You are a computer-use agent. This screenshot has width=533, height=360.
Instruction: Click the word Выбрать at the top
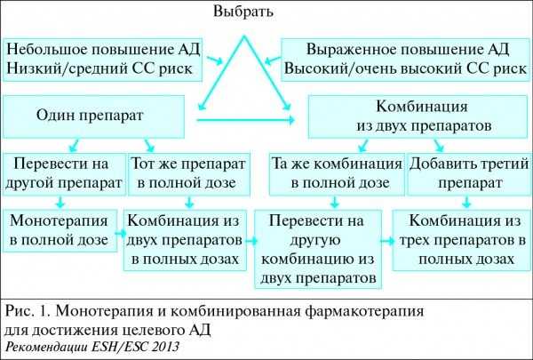(243, 12)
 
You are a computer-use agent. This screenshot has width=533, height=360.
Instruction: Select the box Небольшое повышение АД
(103, 60)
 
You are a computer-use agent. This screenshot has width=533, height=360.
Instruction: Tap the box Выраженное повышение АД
(406, 60)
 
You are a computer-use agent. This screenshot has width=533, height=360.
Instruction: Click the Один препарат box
(94, 116)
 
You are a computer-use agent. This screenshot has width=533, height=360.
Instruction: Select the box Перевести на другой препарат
(65, 174)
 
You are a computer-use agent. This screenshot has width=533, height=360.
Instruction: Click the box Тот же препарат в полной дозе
(189, 174)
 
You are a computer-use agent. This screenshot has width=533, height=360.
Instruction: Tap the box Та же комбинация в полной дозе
(337, 174)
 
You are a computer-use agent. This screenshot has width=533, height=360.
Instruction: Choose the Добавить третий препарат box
(469, 174)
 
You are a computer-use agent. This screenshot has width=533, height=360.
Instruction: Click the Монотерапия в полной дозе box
(60, 231)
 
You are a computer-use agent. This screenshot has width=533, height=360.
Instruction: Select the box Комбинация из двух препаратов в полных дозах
(185, 240)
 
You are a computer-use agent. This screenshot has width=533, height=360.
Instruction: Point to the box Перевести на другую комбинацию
(318, 250)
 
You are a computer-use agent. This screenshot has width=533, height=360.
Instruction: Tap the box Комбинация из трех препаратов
(462, 240)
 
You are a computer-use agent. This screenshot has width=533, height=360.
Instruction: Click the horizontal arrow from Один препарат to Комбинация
(246, 120)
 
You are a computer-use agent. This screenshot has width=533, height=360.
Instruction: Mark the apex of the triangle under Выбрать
(243, 36)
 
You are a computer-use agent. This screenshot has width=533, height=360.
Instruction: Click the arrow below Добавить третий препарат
(466, 202)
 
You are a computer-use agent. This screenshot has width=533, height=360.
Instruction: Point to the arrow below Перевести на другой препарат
(60, 202)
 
